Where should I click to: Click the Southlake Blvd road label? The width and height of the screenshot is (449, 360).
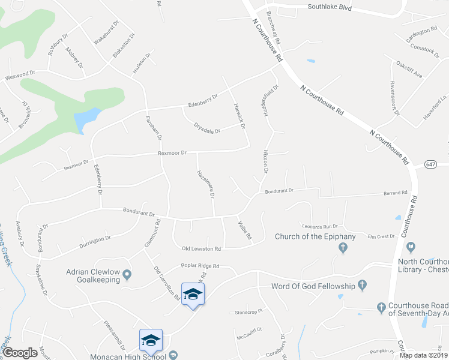[329, 8]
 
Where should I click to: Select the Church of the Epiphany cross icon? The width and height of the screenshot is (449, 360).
[343, 247]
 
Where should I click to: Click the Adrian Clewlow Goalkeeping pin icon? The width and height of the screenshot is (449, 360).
[127, 277]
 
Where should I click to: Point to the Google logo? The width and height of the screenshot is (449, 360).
[20, 353]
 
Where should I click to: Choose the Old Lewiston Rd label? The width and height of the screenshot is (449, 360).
[202, 248]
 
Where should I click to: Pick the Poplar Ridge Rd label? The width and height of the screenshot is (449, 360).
[200, 266]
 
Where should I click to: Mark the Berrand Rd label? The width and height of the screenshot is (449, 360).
[396, 193]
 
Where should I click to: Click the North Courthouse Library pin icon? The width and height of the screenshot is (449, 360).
[411, 246]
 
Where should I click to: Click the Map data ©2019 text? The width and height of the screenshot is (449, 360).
[423, 355]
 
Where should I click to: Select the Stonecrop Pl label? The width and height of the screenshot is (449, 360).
[249, 312]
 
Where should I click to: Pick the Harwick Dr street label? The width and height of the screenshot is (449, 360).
[239, 115]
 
